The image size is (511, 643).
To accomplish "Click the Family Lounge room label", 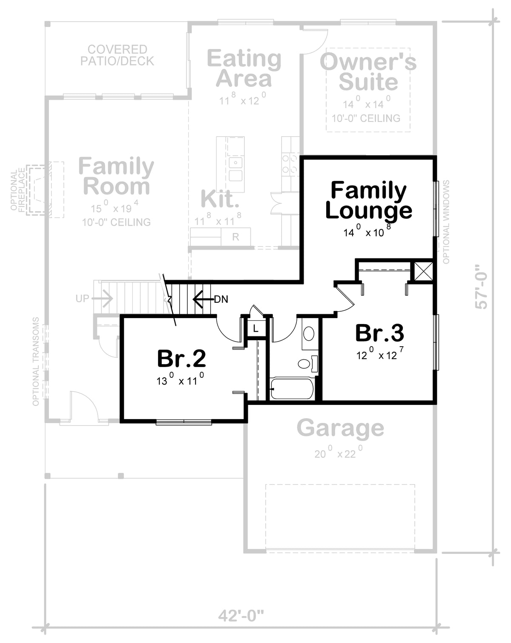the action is [368, 200].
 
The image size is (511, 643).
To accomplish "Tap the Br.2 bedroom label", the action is [181, 358].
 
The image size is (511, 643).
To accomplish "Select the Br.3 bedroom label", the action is [379, 333].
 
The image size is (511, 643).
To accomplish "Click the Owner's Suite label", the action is [368, 72].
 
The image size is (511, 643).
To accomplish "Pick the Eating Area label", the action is [244, 68].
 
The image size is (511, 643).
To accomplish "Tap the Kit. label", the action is [220, 199].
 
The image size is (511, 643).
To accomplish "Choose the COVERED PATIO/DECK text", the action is [117, 55].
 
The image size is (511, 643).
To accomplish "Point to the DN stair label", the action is [221, 299].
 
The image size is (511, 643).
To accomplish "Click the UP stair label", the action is [83, 298].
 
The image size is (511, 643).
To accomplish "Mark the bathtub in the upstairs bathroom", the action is [292, 389].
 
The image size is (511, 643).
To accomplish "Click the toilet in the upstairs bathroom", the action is [308, 364].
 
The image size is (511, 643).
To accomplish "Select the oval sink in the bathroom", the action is [309, 333].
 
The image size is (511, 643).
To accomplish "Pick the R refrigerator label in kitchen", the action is [235, 237].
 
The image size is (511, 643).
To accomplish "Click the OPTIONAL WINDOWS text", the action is [446, 222].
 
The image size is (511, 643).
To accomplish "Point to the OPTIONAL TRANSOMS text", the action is [36, 362].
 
